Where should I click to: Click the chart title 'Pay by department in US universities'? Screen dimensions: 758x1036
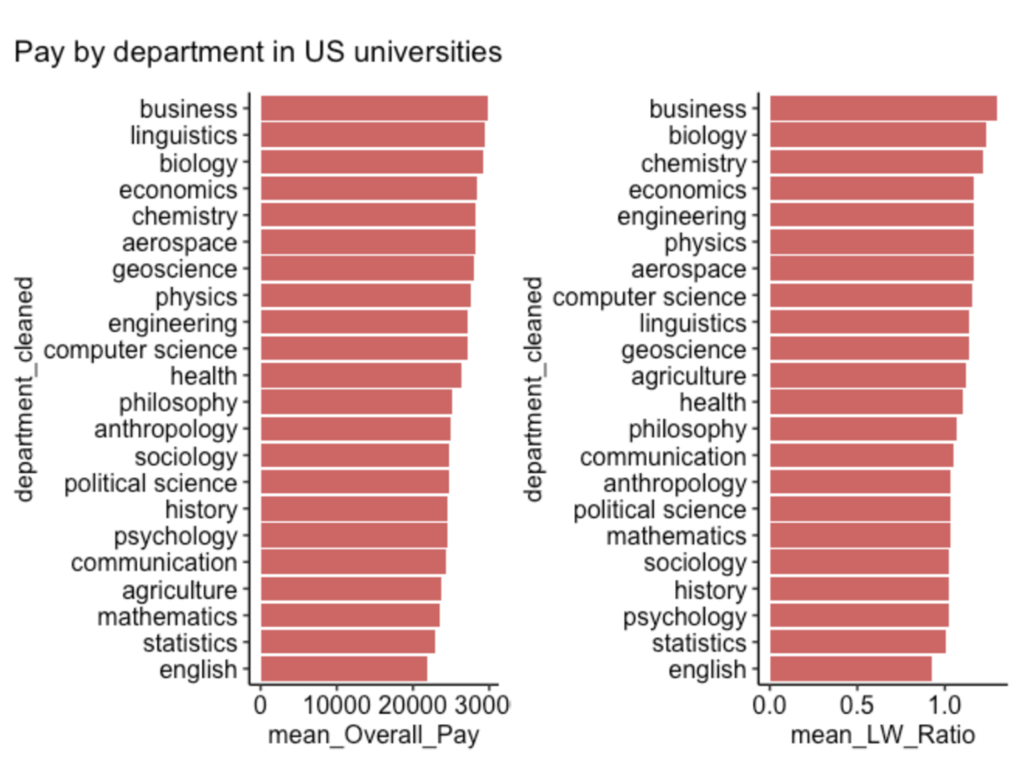click(x=258, y=52)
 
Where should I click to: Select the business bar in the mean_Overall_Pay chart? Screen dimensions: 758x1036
click(x=373, y=108)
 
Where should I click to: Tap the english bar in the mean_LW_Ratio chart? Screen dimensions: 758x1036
click(x=850, y=669)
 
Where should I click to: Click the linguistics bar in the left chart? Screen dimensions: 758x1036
click(x=372, y=135)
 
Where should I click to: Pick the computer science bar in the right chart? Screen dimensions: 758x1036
click(x=870, y=296)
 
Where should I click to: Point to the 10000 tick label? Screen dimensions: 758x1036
click(x=336, y=707)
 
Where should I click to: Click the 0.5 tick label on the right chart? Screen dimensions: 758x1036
click(x=856, y=707)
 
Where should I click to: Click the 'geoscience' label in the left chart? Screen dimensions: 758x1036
click(x=175, y=270)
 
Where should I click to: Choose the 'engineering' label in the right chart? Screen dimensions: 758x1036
click(x=681, y=216)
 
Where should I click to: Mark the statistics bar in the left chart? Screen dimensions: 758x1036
click(x=347, y=642)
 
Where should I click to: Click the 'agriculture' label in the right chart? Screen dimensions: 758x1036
click(x=688, y=376)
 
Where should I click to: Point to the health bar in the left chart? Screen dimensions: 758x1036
click(x=360, y=376)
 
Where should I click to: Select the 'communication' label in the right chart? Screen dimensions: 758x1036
click(x=663, y=457)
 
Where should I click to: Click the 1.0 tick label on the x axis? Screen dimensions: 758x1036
click(x=943, y=707)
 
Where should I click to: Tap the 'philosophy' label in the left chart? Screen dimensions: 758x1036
click(x=177, y=402)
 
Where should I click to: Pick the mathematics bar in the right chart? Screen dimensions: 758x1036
click(x=859, y=536)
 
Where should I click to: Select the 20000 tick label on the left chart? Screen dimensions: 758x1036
click(x=412, y=707)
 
